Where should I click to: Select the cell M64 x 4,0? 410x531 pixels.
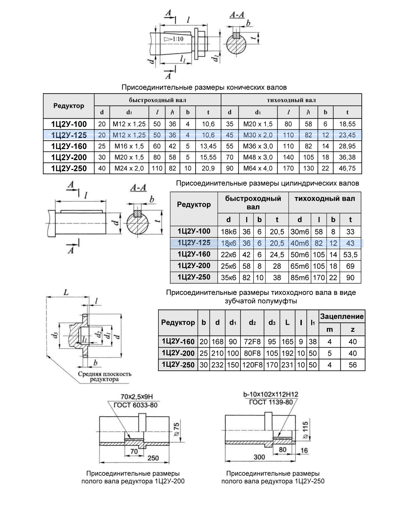[x=258, y=168]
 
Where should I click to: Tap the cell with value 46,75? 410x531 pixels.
[x=347, y=168]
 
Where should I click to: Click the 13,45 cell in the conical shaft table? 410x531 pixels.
[x=208, y=146]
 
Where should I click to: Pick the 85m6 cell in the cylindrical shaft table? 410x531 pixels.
[x=299, y=278]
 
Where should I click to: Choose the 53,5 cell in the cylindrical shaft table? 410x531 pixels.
[x=350, y=255]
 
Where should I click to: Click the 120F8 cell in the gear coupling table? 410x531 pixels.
[x=252, y=365]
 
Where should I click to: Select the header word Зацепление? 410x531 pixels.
[x=342, y=316]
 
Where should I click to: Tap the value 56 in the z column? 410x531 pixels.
[x=353, y=365]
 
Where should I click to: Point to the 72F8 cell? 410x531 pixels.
[x=252, y=342]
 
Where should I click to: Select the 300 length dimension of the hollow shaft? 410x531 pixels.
[x=259, y=457]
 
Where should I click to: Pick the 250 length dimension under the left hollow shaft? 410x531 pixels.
[x=153, y=458]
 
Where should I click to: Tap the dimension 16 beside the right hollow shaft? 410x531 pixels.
[x=304, y=450]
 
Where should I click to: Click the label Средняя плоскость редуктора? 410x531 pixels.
[x=105, y=376]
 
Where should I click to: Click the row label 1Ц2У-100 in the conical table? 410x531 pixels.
[x=69, y=124]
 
